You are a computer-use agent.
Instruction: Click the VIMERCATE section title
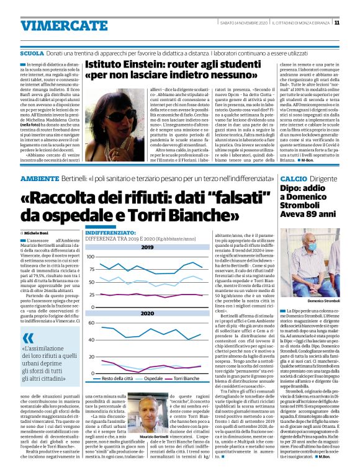point(56,25)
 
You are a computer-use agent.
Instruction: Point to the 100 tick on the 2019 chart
point(91,256)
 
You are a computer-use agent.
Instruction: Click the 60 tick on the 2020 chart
point(91,323)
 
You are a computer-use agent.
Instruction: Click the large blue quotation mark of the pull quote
point(27,339)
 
